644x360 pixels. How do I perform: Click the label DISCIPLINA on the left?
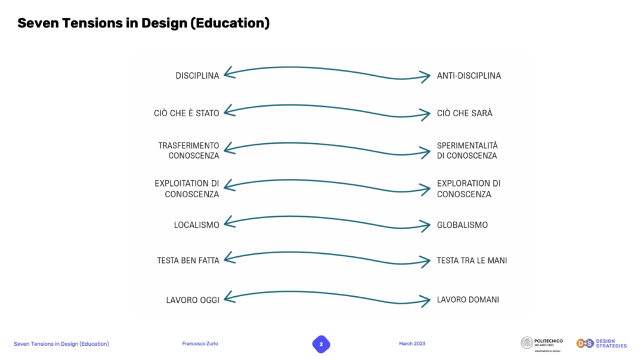197,76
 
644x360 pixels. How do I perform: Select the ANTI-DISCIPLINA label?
469,76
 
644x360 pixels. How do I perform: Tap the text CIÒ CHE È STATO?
187,113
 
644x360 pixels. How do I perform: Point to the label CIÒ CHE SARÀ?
465,113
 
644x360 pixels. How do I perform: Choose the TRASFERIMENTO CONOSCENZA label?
189,151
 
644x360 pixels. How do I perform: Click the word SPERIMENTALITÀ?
467,145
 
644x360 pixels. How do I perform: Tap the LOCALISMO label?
197,225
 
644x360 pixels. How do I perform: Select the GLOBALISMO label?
462,225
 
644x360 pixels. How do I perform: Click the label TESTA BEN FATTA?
188,260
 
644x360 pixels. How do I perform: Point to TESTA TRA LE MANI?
472,260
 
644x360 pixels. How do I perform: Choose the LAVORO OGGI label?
193,300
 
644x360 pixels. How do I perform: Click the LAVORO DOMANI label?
467,300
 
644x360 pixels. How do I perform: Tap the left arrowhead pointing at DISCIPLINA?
228,74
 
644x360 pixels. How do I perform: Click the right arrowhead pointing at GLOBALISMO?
426,226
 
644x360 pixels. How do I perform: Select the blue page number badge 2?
321,344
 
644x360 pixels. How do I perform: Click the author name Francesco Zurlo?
200,344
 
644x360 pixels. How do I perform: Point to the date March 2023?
412,344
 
